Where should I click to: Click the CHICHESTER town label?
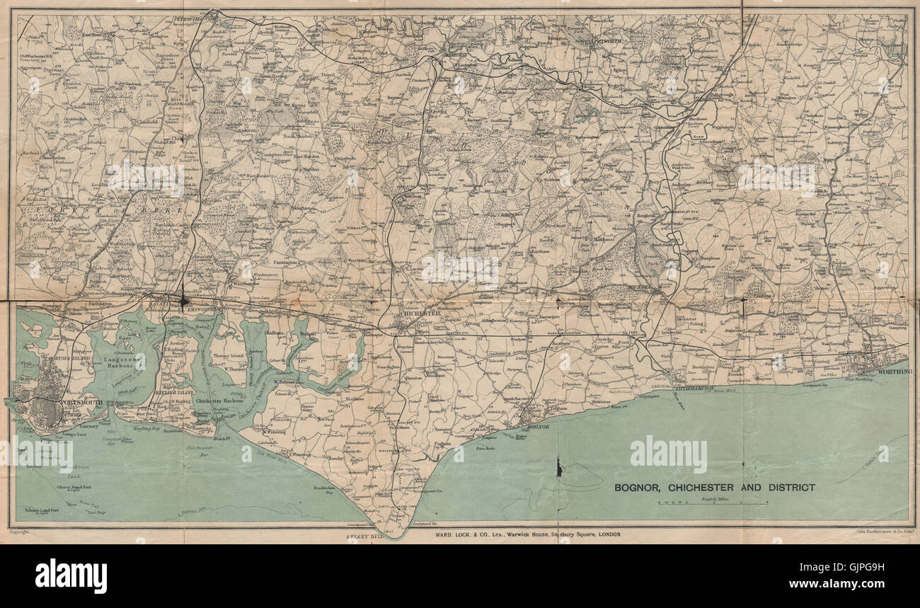pos(420,313)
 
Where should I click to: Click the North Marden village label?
pos(299,136)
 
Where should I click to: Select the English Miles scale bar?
pos(713,503)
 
